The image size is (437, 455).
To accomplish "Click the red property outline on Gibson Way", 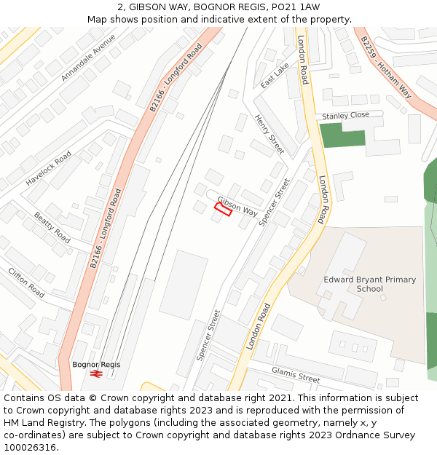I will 223,210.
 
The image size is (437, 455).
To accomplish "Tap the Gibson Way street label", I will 237,206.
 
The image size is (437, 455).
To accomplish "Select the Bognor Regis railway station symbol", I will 95,373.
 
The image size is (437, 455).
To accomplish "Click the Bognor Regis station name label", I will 96,364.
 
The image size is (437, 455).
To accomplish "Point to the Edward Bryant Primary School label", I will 370,284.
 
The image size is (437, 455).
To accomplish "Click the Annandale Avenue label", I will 88,58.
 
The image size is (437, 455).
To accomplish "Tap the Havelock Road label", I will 49,168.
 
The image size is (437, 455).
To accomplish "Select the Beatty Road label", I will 52,227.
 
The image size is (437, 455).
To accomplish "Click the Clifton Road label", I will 26,283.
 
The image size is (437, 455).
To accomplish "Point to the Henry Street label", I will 269,133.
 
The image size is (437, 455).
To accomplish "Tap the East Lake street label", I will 275,76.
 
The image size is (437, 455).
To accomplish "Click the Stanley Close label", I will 346,115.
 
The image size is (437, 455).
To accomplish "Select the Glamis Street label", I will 296,374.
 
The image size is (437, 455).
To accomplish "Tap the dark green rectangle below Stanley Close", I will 342,135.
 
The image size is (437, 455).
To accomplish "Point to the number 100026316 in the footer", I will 31,447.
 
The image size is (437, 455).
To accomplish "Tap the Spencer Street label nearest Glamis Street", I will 208,336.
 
